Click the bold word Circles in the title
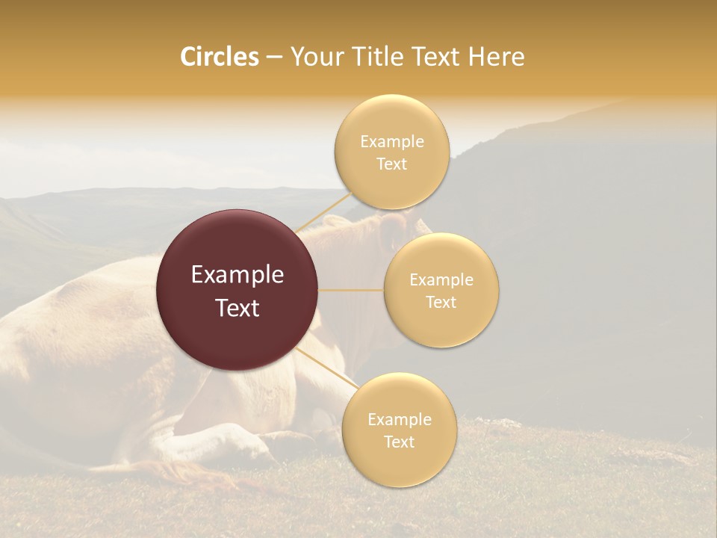point(220,57)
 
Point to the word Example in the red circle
point(238,275)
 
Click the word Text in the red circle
point(238,308)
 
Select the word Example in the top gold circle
point(391,142)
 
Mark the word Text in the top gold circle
point(391,164)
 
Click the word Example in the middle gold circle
point(441,280)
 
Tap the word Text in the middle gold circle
point(441,302)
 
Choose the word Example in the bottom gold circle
point(399,419)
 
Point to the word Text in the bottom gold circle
point(399,442)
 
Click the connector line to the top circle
point(323,212)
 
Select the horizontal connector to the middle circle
point(351,290)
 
